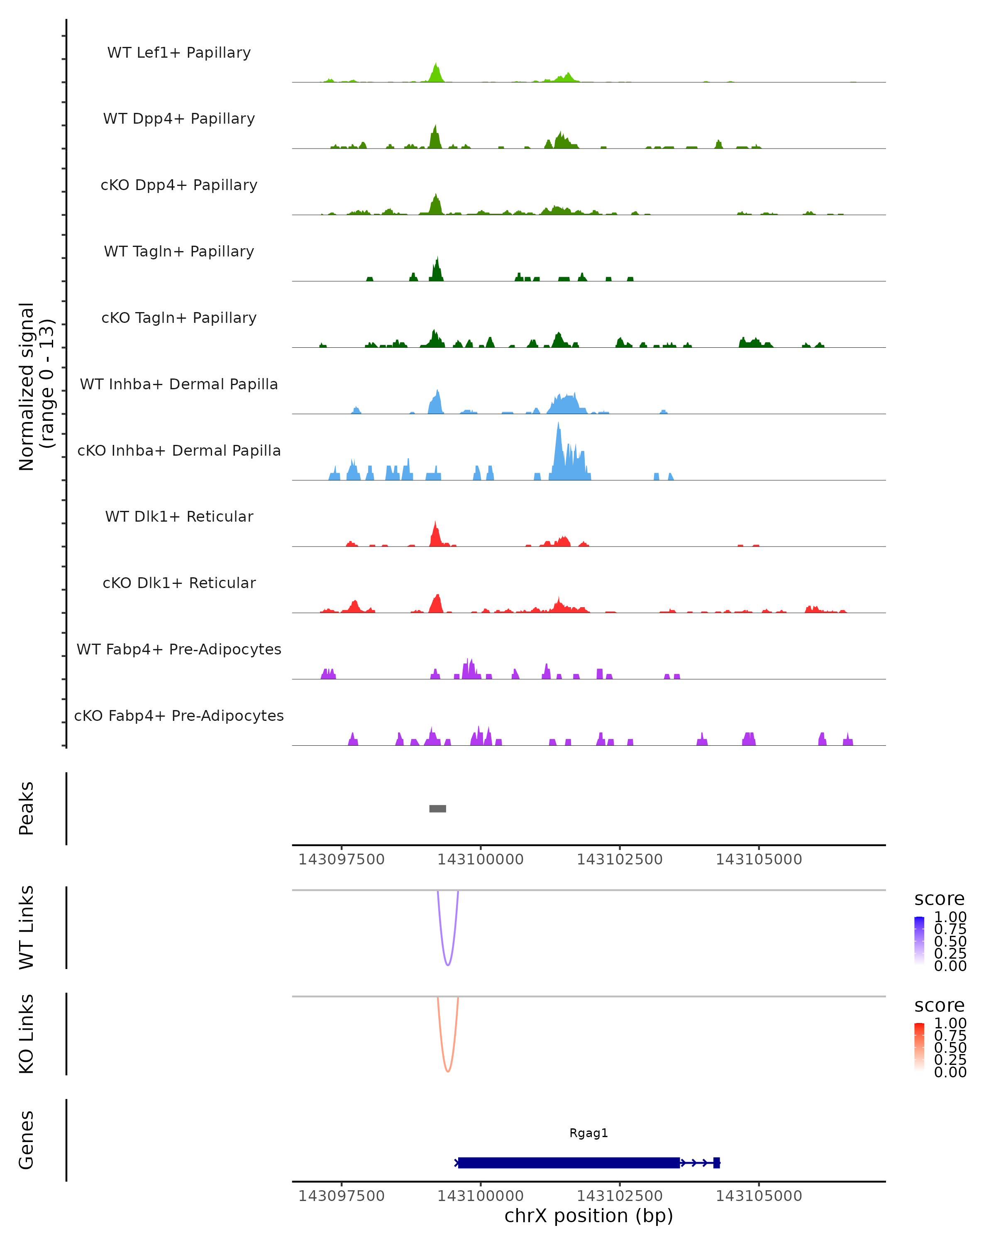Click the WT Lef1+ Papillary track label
pos(179,53)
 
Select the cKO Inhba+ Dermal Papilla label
pos(179,450)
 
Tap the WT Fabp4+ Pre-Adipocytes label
pos(179,649)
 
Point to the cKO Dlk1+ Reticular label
pos(179,583)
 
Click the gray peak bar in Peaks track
pos(438,808)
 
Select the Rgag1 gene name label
pos(588,1133)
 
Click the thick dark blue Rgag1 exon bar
pos(569,1162)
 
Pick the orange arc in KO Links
pos(447,1070)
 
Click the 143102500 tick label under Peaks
pos(620,859)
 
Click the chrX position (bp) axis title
pos(588,1216)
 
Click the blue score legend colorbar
pos(919,941)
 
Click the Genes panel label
pos(27,1140)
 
